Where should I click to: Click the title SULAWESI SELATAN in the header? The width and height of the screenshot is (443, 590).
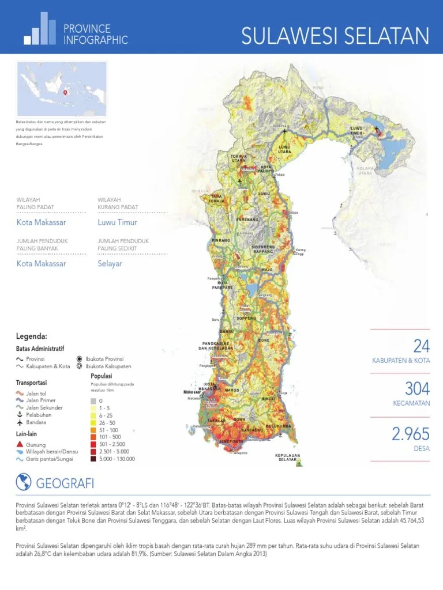pyautogui.click(x=335, y=37)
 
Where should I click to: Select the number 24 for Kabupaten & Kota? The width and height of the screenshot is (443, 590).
pyautogui.click(x=421, y=346)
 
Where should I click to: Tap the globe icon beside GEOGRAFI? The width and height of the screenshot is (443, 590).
pyautogui.click(x=24, y=482)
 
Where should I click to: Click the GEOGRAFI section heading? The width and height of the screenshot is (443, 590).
pyautogui.click(x=65, y=483)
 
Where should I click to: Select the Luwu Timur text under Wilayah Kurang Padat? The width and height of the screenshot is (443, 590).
pyautogui.click(x=118, y=222)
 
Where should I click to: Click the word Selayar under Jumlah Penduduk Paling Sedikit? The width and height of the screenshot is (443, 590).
pyautogui.click(x=110, y=264)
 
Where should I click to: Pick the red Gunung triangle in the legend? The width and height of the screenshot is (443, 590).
pyautogui.click(x=20, y=445)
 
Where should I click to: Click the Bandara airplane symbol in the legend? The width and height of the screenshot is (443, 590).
pyautogui.click(x=20, y=422)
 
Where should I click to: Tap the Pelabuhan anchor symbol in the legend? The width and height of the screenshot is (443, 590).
pyautogui.click(x=20, y=415)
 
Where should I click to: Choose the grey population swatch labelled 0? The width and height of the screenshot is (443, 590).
pyautogui.click(x=93, y=400)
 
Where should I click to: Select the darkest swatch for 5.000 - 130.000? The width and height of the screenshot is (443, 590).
pyautogui.click(x=93, y=459)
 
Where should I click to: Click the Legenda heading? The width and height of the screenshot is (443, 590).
pyautogui.click(x=31, y=336)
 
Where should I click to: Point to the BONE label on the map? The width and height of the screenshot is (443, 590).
pyautogui.click(x=263, y=341)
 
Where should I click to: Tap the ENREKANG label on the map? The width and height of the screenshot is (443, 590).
pyautogui.click(x=247, y=220)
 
